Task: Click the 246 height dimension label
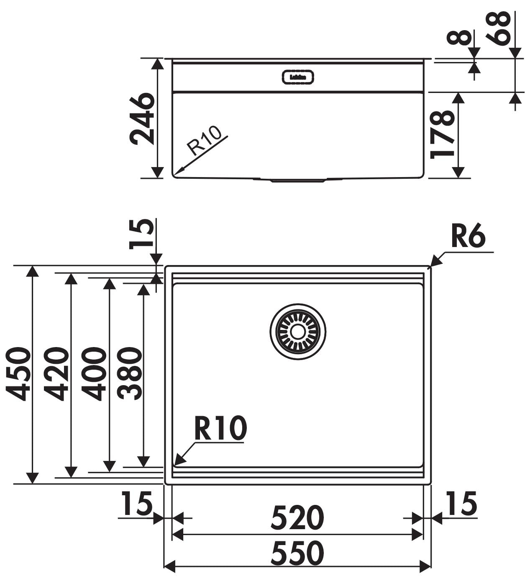click(x=141, y=119)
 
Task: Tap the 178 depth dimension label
click(x=442, y=134)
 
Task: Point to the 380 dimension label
click(x=130, y=373)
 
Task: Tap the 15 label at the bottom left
click(x=136, y=503)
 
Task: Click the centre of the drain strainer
click(x=297, y=331)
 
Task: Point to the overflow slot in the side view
click(x=297, y=77)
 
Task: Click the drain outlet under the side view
click(x=297, y=181)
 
